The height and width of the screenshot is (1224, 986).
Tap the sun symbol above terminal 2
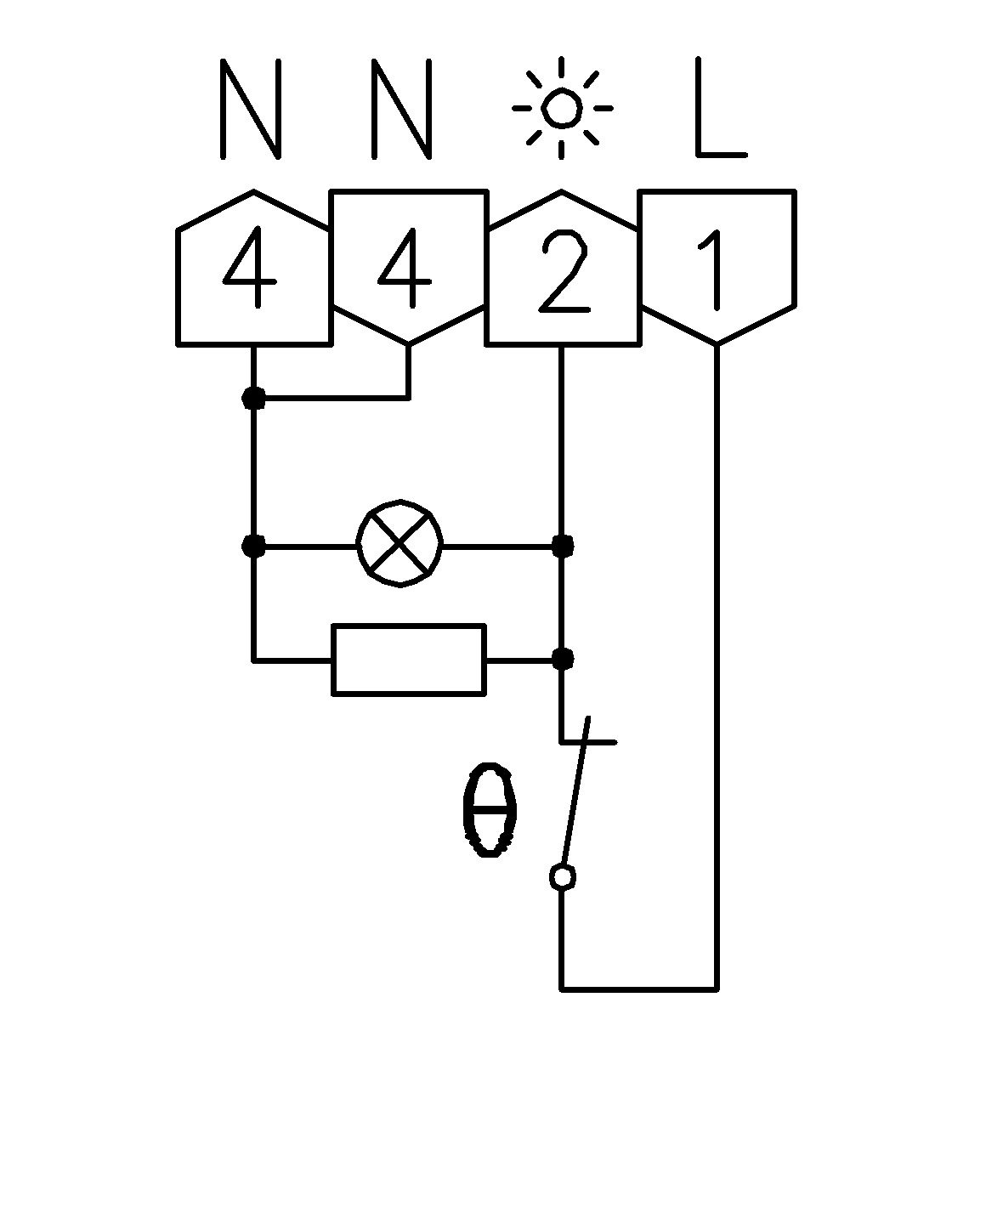562,107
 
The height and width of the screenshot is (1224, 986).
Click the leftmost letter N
251,109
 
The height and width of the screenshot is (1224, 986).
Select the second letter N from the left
402,109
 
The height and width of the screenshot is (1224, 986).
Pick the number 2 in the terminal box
564,271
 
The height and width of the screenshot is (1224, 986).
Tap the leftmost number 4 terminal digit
251,267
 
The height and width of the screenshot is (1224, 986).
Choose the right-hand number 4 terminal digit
405,267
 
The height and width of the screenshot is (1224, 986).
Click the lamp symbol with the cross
399,543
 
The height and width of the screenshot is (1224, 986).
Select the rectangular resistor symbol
409,660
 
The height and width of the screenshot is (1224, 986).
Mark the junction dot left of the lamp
253,547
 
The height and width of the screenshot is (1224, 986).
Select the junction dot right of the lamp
563,547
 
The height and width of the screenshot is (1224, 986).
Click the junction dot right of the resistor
563,660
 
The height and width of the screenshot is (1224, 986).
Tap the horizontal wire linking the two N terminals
331,398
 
